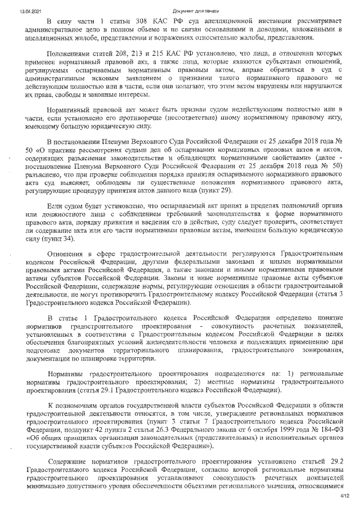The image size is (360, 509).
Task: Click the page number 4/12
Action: click(x=345, y=497)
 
